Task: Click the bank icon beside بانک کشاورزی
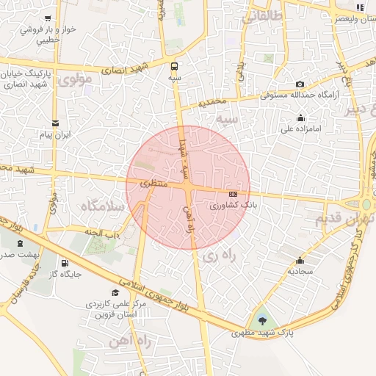coord(234,194)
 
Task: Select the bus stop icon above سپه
coord(174,63)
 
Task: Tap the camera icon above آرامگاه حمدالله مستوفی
coord(300,84)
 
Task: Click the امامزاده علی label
coord(297,129)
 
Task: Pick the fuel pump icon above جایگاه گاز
coord(65,264)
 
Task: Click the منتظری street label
coord(155,184)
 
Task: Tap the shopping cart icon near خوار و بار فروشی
coord(48,18)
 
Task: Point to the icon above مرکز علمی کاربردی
coord(115,292)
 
